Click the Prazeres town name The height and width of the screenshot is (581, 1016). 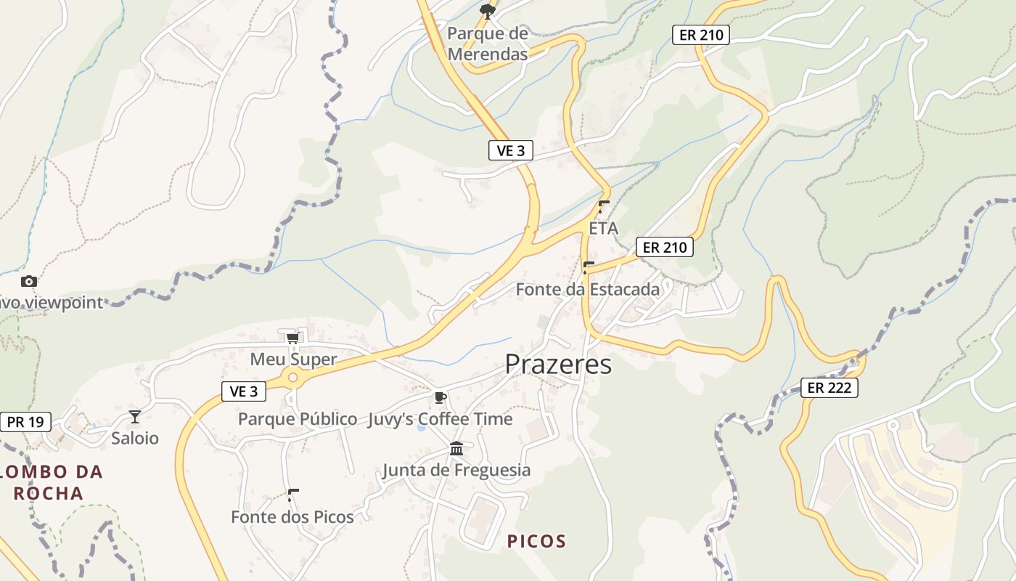pyautogui.click(x=558, y=364)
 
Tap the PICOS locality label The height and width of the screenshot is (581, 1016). pyautogui.click(x=536, y=541)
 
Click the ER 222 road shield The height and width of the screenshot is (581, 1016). pyautogui.click(x=829, y=388)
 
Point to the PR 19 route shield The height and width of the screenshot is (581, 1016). pyautogui.click(x=25, y=421)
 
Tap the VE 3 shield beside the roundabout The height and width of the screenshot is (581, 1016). pyautogui.click(x=244, y=391)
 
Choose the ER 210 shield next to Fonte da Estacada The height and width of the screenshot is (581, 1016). pyautogui.click(x=665, y=247)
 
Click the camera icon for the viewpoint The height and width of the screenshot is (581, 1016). pyautogui.click(x=29, y=281)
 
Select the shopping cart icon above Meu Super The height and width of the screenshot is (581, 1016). pyautogui.click(x=292, y=338)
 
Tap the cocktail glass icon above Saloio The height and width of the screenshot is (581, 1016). pyautogui.click(x=134, y=416)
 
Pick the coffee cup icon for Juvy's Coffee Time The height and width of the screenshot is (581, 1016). pyautogui.click(x=439, y=397)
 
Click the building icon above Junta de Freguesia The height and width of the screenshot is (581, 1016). pyautogui.click(x=456, y=448)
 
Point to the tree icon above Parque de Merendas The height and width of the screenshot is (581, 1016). pyautogui.click(x=488, y=10)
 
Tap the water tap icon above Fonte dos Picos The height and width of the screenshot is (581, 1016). pyautogui.click(x=292, y=495)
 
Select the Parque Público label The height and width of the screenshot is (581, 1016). pyautogui.click(x=298, y=419)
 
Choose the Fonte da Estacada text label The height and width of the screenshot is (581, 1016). pyautogui.click(x=588, y=290)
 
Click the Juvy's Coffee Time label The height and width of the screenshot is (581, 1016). pyautogui.click(x=440, y=419)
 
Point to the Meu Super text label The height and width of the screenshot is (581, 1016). pyautogui.click(x=293, y=359)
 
